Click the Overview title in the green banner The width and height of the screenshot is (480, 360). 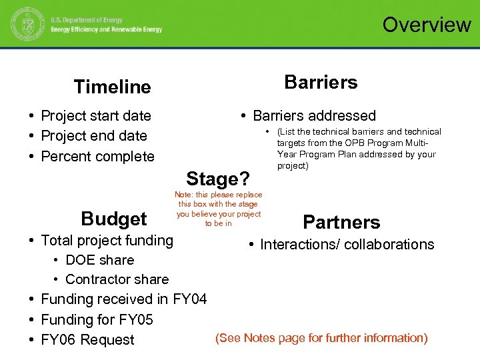click(427, 25)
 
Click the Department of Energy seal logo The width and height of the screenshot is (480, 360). click(25, 25)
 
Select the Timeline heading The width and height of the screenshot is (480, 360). click(113, 87)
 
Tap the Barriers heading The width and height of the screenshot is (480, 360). click(321, 82)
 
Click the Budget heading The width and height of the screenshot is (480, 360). click(113, 219)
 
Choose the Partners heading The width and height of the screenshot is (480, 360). click(341, 222)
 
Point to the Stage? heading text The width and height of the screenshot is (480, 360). click(218, 179)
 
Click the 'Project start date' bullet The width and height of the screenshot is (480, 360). click(96, 116)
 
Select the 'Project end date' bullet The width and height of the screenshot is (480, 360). click(94, 136)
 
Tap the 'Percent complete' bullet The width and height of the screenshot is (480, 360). click(97, 157)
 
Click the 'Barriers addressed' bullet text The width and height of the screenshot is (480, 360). click(314, 116)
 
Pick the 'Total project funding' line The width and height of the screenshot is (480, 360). click(107, 240)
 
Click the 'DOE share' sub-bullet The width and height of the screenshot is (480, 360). click(99, 260)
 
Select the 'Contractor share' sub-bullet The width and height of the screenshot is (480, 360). click(117, 279)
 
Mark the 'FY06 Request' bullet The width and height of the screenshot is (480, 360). click(87, 340)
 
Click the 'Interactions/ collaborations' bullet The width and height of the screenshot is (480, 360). click(347, 245)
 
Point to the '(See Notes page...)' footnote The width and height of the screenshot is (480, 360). click(321, 338)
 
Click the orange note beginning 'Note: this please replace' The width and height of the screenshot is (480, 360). click(219, 209)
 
